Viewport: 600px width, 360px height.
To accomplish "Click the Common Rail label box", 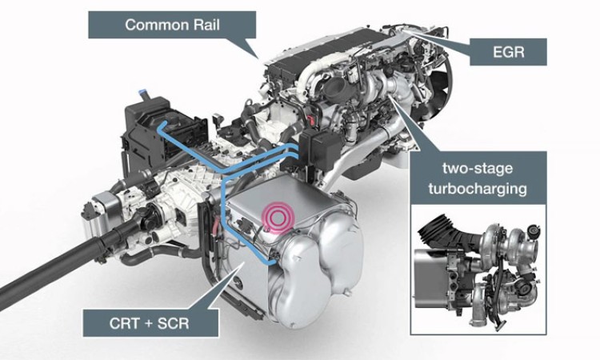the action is [x=172, y=25].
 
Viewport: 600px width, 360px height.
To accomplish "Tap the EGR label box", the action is [x=508, y=52].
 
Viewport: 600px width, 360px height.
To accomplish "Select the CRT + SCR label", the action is [x=150, y=323].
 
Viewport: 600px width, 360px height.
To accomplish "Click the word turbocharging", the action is [x=478, y=189].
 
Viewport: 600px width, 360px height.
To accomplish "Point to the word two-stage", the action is [x=478, y=168].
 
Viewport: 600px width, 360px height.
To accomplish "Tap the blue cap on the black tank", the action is [x=143, y=93].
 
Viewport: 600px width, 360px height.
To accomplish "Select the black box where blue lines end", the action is [x=319, y=147].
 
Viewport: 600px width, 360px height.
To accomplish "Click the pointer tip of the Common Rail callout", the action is [x=259, y=58].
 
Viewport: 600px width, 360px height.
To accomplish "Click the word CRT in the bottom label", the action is [x=124, y=324].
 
